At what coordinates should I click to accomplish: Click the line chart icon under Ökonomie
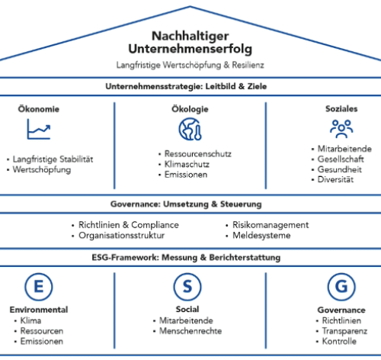(x=39, y=129)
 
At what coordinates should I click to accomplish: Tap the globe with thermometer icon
(x=190, y=129)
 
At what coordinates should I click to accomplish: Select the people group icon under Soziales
(x=341, y=129)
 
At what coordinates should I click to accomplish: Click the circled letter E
(x=39, y=287)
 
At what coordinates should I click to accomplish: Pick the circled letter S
(x=187, y=287)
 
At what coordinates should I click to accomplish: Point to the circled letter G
(x=341, y=287)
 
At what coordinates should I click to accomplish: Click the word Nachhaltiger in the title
(x=190, y=36)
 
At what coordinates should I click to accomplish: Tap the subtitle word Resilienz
(x=248, y=65)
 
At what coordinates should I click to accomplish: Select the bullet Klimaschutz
(x=187, y=165)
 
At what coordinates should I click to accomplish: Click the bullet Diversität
(x=335, y=179)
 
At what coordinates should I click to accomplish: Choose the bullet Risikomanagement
(x=271, y=225)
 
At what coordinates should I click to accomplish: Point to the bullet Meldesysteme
(x=261, y=236)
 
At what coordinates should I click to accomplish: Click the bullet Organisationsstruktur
(x=122, y=236)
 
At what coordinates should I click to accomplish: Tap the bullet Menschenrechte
(x=190, y=331)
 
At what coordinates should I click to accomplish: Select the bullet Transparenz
(x=344, y=331)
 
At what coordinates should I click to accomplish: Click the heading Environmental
(x=39, y=310)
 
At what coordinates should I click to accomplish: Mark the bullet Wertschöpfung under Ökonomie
(x=42, y=170)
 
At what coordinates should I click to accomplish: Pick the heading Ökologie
(x=190, y=109)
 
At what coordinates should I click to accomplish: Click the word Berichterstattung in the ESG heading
(x=245, y=258)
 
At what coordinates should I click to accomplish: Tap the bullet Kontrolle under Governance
(x=339, y=341)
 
